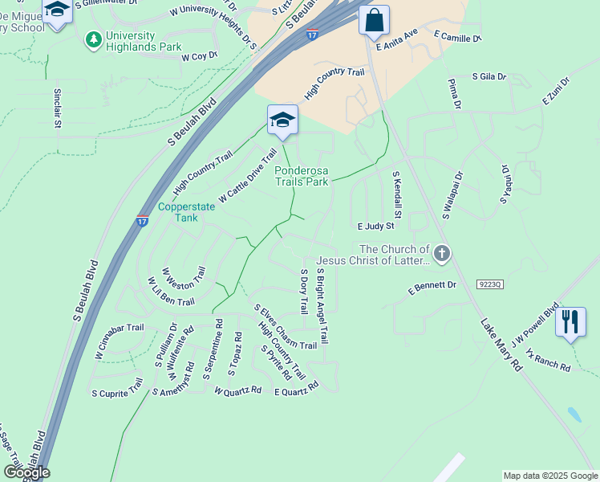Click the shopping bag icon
[374, 20]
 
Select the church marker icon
[441, 255]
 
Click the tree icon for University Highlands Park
[94, 39]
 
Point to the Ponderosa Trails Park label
[302, 176]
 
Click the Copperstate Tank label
[186, 212]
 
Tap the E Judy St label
[377, 227]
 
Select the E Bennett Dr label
[432, 285]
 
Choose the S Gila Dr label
[489, 77]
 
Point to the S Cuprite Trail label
[117, 393]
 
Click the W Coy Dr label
[200, 57]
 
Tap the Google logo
[26, 472]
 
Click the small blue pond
[574, 415]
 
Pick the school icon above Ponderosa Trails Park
[282, 120]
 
